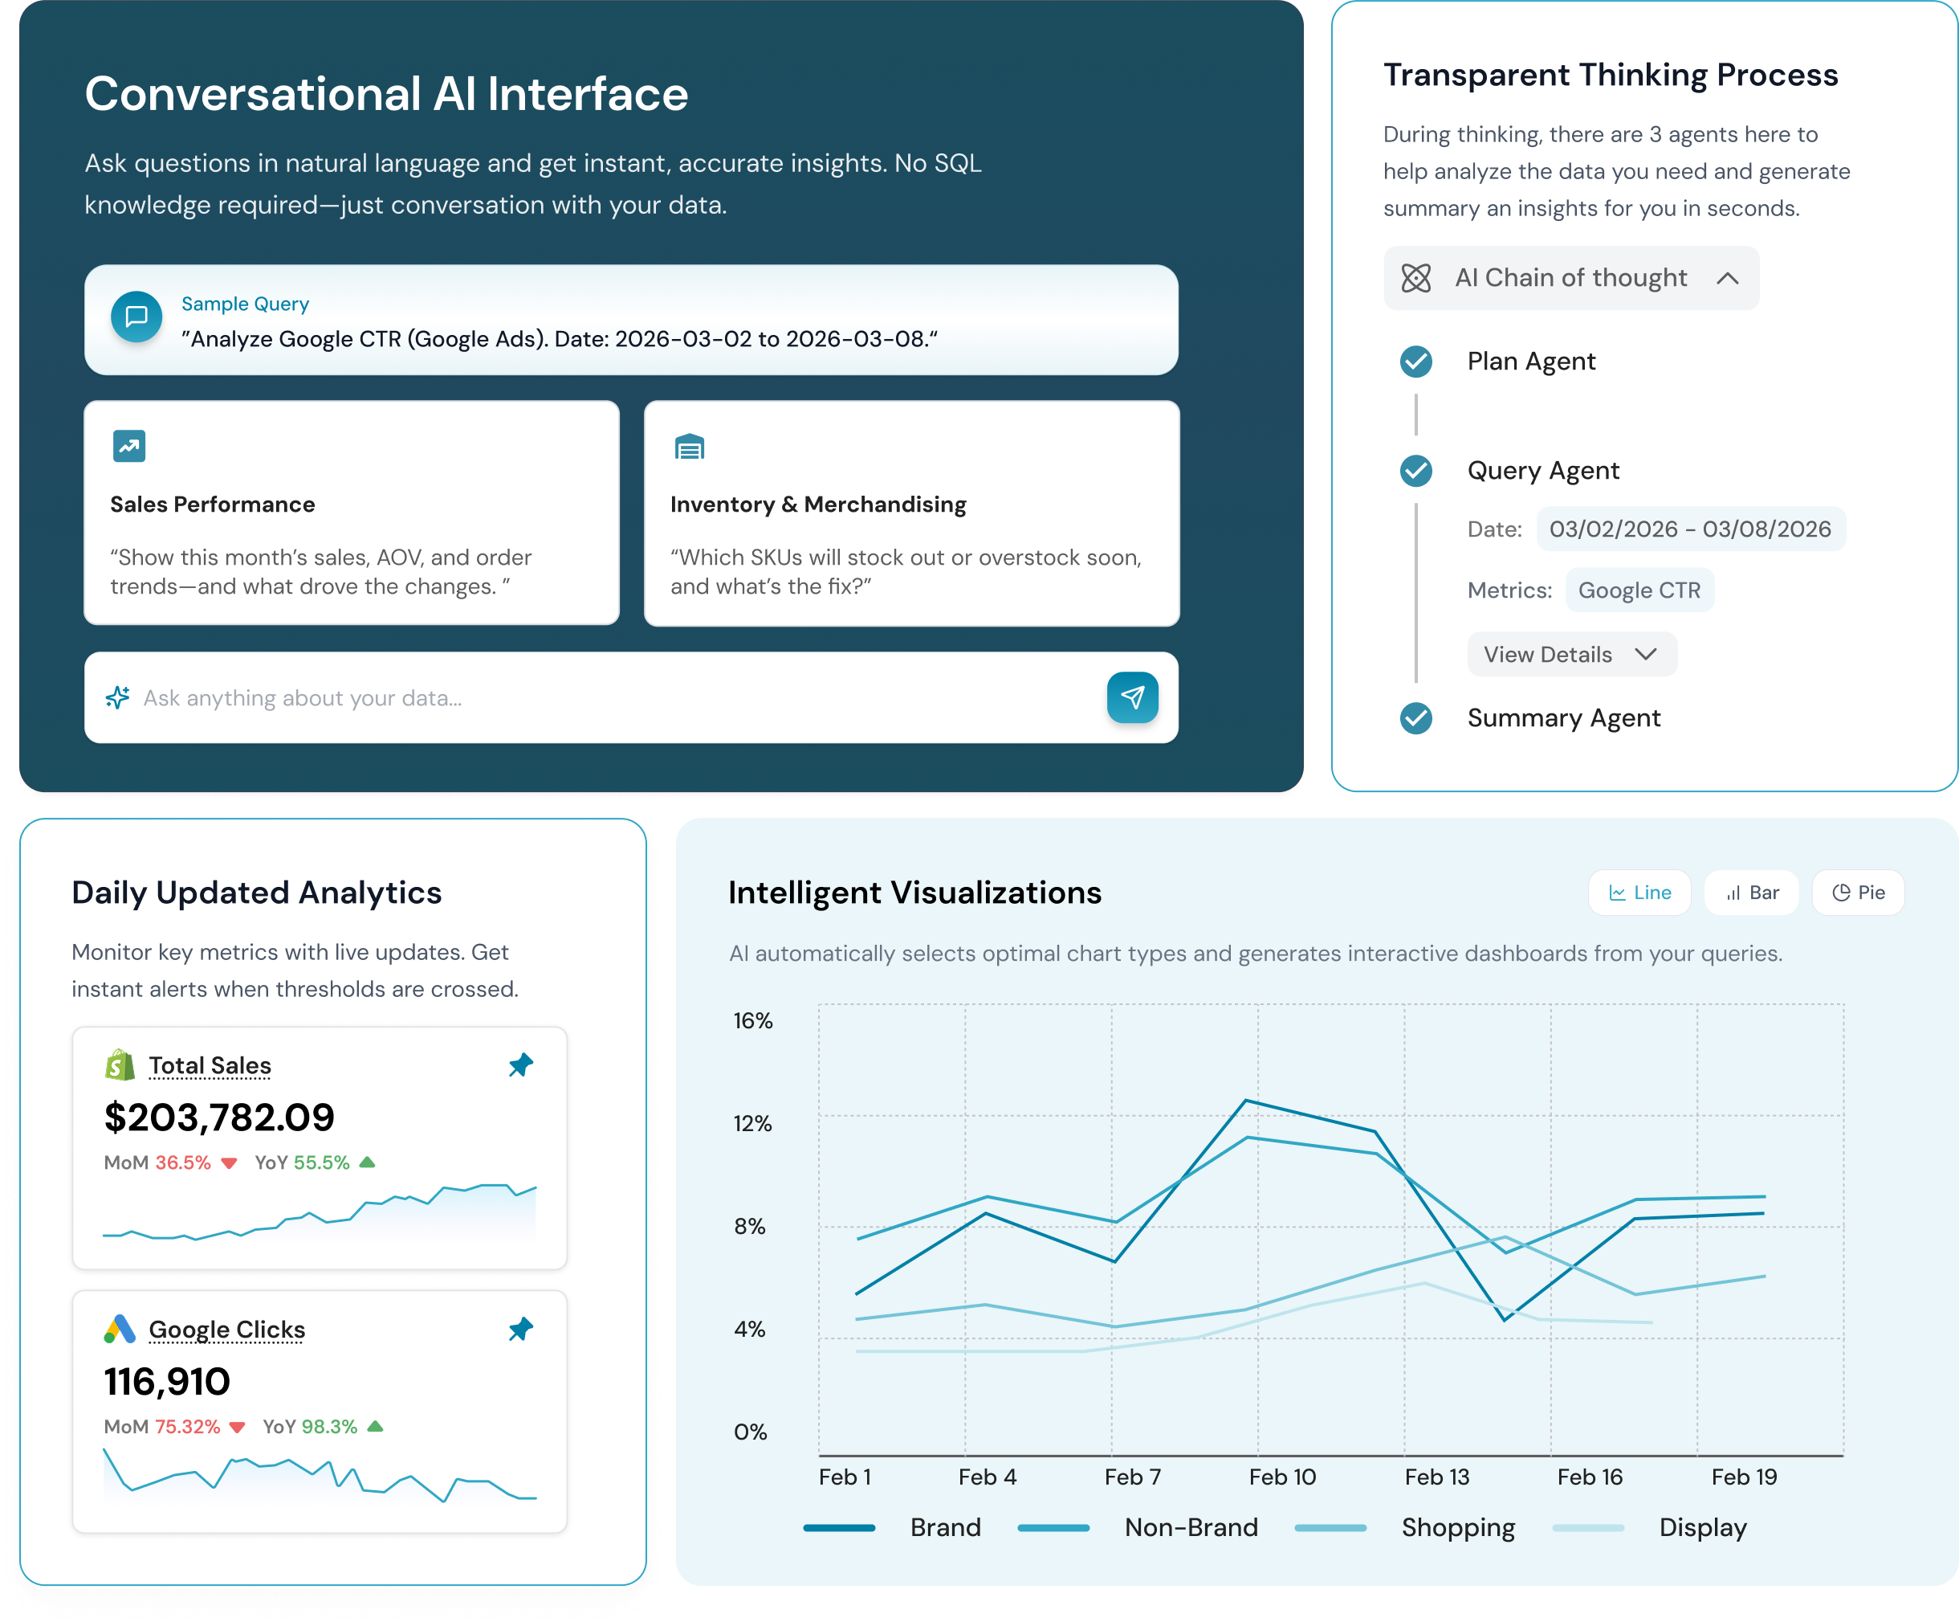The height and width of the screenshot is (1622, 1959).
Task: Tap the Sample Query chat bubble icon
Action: point(136,317)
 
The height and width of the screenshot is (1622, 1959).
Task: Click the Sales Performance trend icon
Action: point(128,446)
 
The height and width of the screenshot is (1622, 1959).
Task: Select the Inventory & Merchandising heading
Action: point(817,504)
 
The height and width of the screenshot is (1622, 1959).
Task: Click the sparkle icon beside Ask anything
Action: point(117,697)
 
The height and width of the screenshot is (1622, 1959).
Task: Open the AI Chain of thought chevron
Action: point(1727,278)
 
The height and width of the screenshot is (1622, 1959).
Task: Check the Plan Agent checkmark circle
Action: point(1415,362)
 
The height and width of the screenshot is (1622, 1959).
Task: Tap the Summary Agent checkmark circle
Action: point(1415,717)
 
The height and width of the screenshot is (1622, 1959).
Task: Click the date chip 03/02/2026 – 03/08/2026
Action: point(1689,529)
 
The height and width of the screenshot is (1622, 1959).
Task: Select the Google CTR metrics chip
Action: point(1638,590)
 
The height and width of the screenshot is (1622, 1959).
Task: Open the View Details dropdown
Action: point(1571,654)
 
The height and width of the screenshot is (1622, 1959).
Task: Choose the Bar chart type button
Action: point(1751,893)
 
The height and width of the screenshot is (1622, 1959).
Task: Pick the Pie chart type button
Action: point(1857,893)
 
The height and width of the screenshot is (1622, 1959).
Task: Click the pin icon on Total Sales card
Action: point(520,1064)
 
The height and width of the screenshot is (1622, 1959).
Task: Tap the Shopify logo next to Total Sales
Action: point(120,1064)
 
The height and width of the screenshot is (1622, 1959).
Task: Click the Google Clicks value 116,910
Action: point(167,1381)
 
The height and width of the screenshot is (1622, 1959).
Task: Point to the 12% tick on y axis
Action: point(751,1123)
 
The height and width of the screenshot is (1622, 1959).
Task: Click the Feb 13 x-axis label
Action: point(1436,1477)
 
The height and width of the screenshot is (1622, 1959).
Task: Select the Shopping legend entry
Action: point(1457,1527)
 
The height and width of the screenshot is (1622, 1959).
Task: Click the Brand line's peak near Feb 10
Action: point(1245,1101)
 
